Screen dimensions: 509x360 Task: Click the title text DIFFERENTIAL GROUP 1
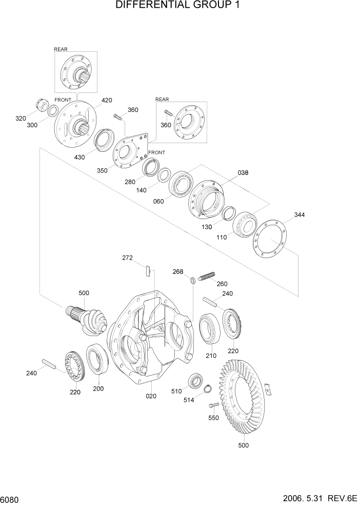pyautogui.click(x=179, y=6)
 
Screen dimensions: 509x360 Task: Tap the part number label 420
pyautogui.click(x=107, y=100)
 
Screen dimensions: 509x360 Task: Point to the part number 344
pyautogui.click(x=299, y=214)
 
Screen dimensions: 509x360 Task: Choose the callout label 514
pyautogui.click(x=189, y=400)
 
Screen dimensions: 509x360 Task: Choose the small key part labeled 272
pyautogui.click(x=148, y=270)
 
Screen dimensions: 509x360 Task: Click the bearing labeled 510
pyautogui.click(x=195, y=381)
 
